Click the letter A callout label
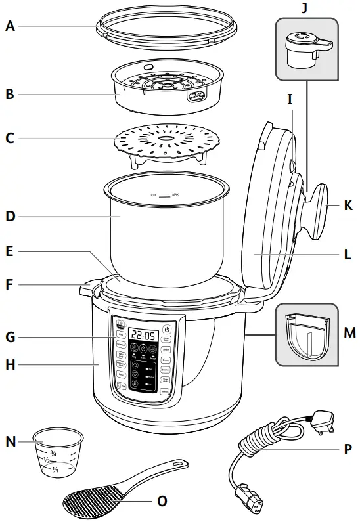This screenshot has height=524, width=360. pos(10,26)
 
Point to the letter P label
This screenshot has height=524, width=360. pos(348,450)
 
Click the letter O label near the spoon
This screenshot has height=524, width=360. pos(162,501)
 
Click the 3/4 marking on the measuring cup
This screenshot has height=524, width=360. pos(55,452)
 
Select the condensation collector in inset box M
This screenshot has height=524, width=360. pos(306,336)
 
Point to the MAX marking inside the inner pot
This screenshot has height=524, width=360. pos(175,195)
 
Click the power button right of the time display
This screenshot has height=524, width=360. pos(167,330)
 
